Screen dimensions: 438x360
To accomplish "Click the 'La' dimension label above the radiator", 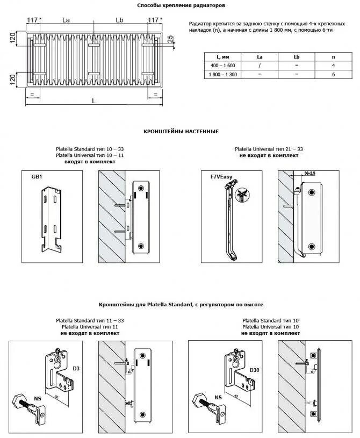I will tap(66, 20).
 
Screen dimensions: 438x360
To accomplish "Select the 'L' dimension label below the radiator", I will tap(93, 100).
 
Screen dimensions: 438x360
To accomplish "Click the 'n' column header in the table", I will tap(334, 56).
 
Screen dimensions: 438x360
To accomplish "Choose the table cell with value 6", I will tap(334, 75).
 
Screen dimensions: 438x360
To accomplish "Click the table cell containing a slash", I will tap(260, 66).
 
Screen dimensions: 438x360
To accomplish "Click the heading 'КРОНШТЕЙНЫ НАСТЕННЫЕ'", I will tap(181, 131).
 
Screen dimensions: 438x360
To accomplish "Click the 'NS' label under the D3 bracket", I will tap(38, 398).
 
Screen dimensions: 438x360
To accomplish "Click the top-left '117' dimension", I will tap(33, 20).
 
